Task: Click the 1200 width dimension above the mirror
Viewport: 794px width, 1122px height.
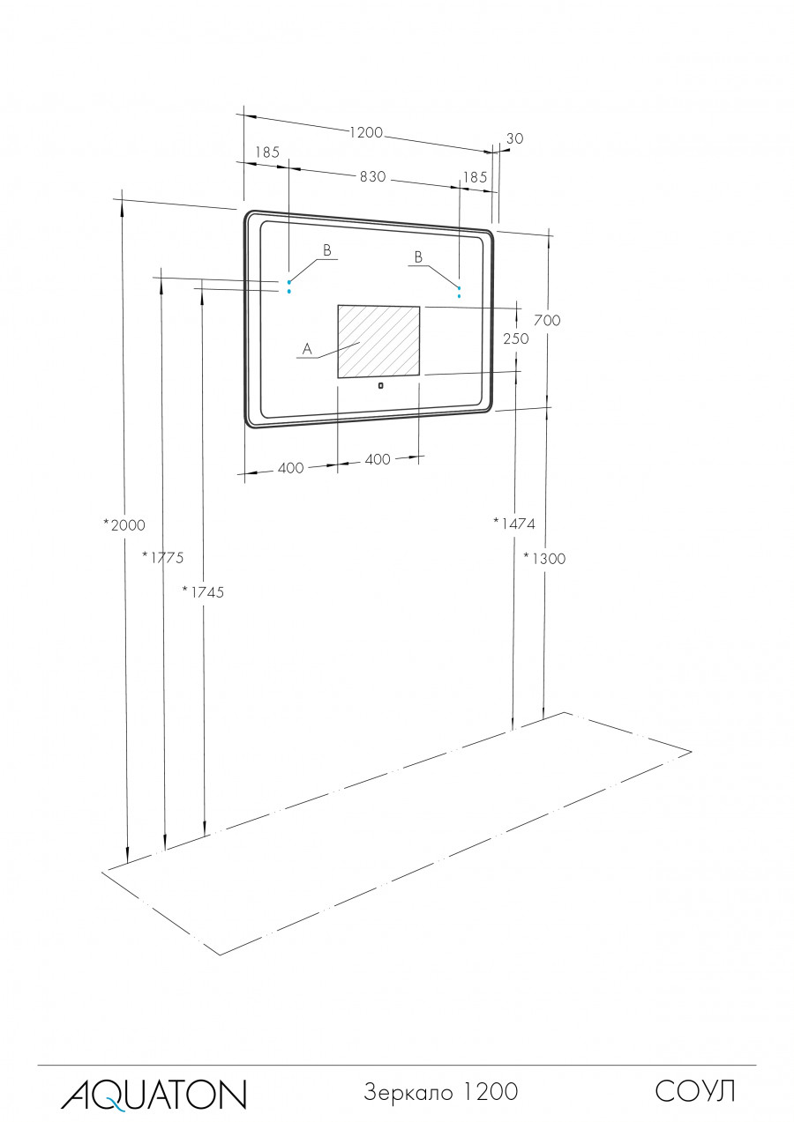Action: tap(366, 133)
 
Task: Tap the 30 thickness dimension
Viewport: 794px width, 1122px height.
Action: tap(515, 138)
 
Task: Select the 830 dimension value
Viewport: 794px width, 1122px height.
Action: tap(373, 176)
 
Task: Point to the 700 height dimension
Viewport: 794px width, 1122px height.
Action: tap(547, 320)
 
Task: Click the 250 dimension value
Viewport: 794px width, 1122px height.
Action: tap(516, 339)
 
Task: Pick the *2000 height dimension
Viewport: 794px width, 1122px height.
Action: tap(124, 525)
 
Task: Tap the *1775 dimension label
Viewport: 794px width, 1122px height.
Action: tap(163, 557)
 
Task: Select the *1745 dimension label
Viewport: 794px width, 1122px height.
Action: tap(203, 592)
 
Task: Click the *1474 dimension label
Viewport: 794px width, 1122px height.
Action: tap(514, 524)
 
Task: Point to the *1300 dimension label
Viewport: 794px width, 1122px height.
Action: tap(544, 558)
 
